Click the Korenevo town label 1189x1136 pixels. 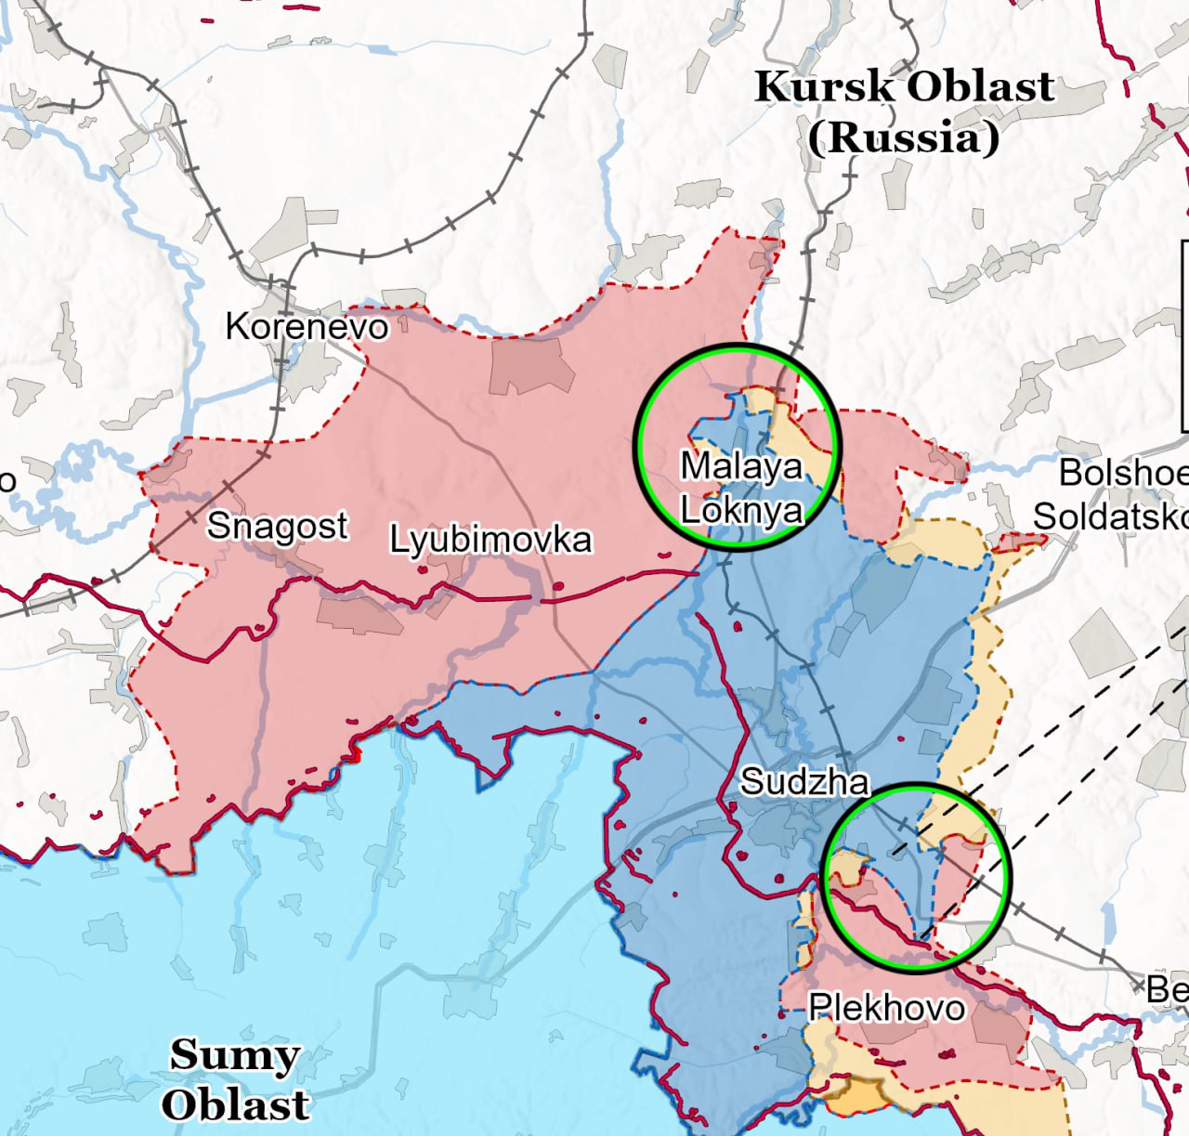[x=307, y=327]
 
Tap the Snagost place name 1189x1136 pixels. [x=277, y=526]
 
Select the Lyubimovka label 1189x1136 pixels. [x=490, y=540]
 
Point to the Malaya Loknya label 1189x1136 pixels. [x=741, y=488]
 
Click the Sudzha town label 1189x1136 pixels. [x=804, y=782]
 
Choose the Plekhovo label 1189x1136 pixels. [x=886, y=1008]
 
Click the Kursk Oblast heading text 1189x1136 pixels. [x=904, y=87]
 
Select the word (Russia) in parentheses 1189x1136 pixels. [x=903, y=138]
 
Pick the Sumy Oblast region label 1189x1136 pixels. [x=234, y=1079]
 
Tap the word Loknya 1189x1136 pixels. [x=741, y=510]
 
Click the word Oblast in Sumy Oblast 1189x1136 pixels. [x=234, y=1104]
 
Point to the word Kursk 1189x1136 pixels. [x=825, y=87]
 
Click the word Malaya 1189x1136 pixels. [x=741, y=465]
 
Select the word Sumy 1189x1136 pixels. [x=234, y=1055]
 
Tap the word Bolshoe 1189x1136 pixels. [x=1122, y=473]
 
